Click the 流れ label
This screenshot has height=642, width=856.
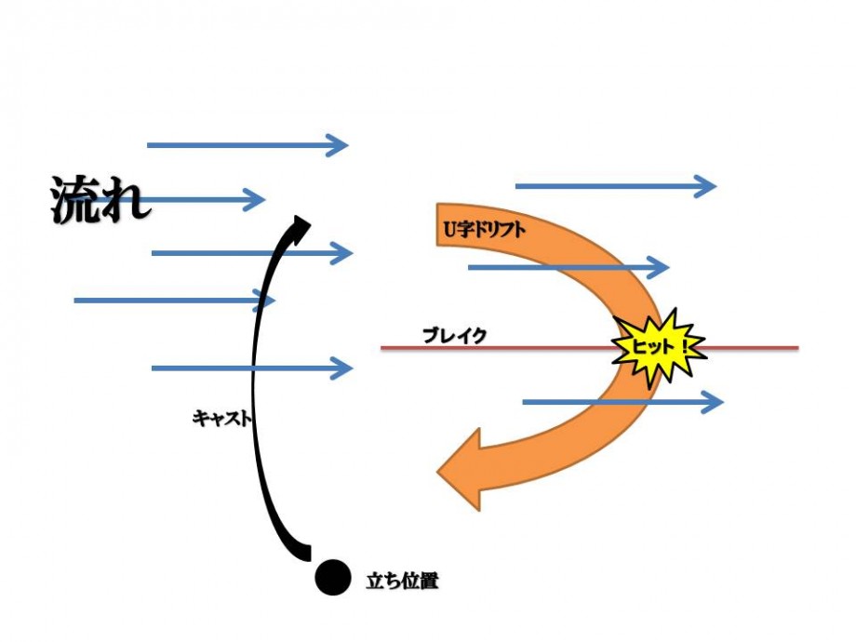pos(100,200)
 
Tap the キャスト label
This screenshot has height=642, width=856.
pos(221,419)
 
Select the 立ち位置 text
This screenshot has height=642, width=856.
pos(402,582)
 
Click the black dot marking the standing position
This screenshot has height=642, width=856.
pos(332,577)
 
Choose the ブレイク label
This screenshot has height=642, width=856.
pos(454,336)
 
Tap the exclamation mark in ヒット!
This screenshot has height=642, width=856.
pos(686,346)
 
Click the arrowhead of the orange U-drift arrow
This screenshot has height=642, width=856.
pos(461,469)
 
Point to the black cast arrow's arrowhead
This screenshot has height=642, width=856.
pos(300,225)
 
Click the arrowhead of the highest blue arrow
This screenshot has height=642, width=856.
pos(336,144)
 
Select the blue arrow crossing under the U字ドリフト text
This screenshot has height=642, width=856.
pos(568,268)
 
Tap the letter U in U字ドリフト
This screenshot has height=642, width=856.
pos(447,227)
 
